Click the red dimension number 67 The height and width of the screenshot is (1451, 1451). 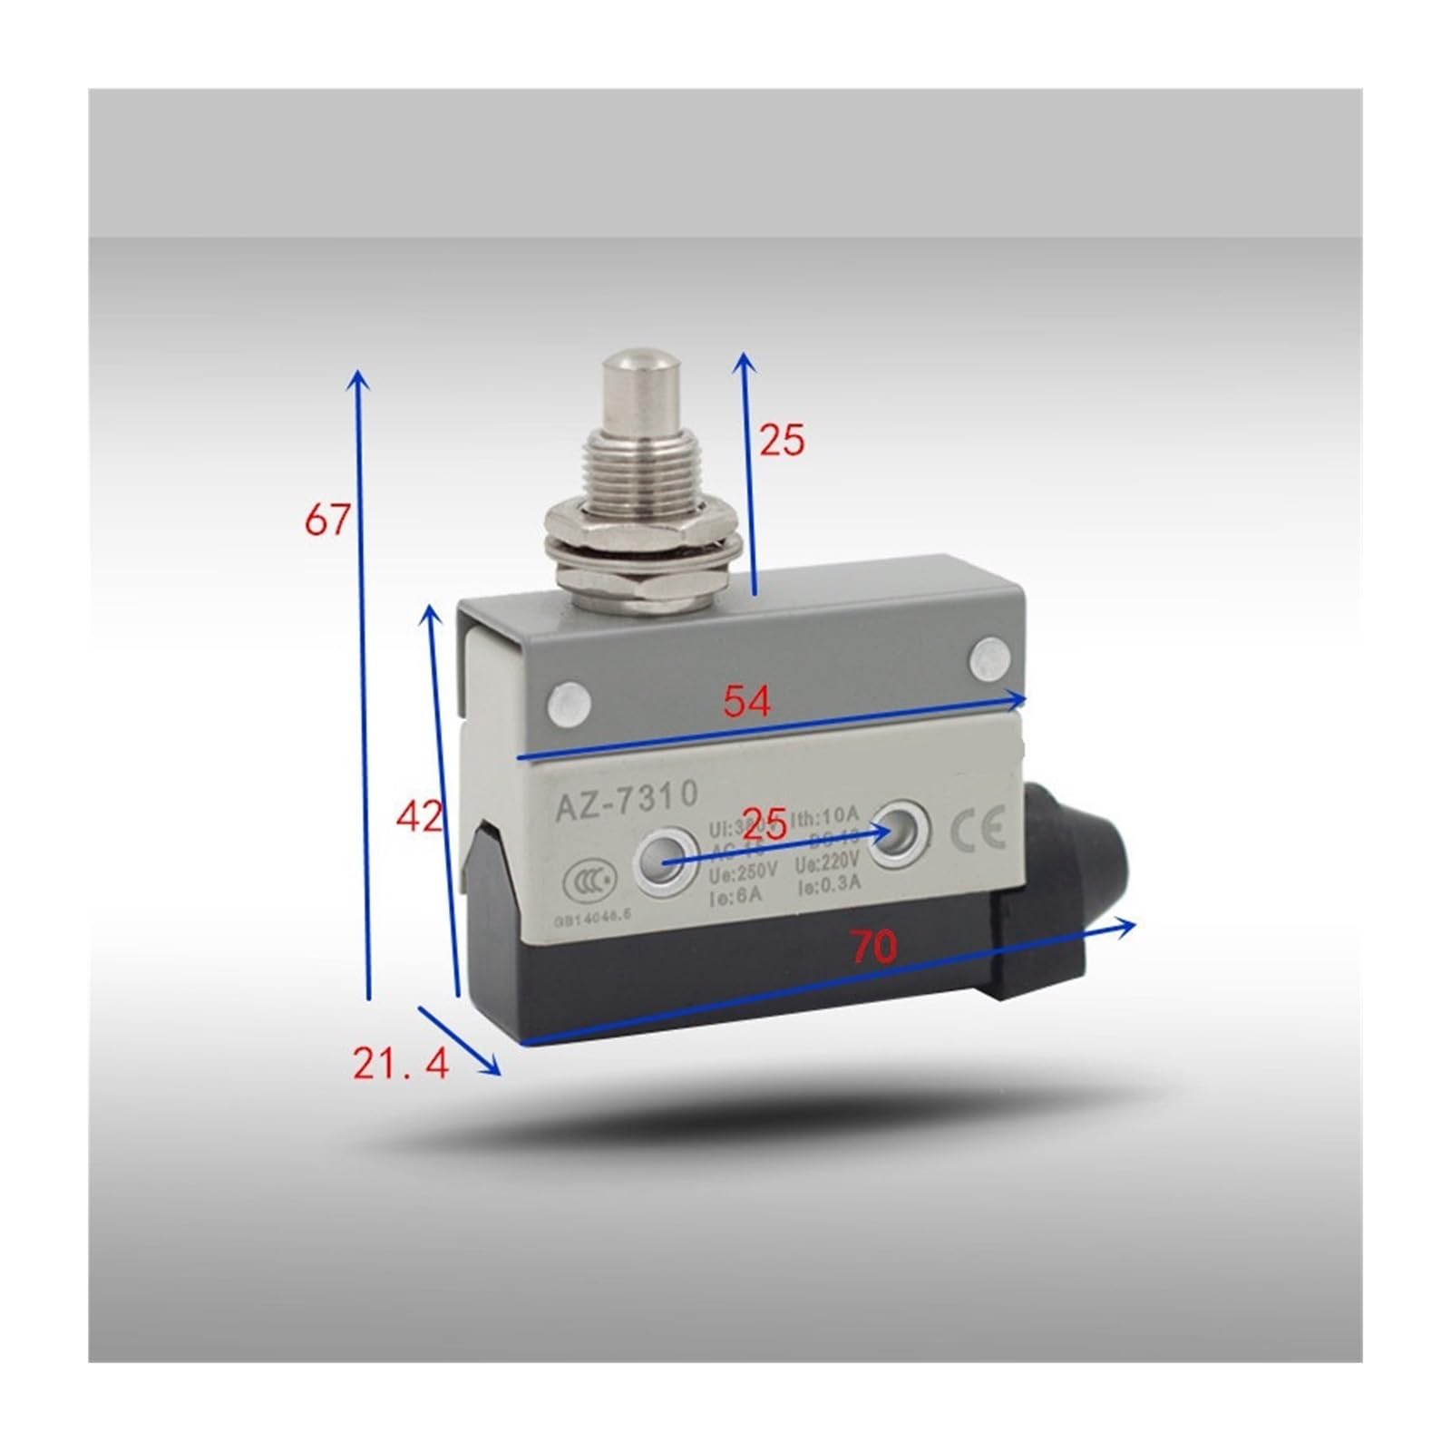click(326, 520)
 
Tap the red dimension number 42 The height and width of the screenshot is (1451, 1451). click(419, 817)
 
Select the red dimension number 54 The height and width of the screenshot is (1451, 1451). click(745, 700)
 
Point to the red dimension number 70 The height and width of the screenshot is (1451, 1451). click(873, 946)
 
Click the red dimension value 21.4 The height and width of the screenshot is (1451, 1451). click(401, 1063)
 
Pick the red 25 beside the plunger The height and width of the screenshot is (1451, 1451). click(782, 440)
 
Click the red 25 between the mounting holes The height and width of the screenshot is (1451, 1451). click(764, 823)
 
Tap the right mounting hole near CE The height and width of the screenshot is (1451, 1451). click(898, 827)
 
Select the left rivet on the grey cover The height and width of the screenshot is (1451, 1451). click(570, 703)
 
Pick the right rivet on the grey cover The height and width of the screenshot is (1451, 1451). click(989, 659)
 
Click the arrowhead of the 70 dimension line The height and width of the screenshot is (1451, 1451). click(1130, 924)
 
